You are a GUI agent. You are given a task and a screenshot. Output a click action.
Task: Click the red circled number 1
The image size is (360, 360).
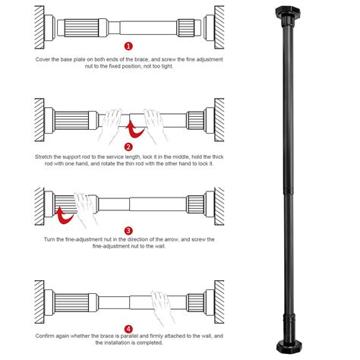pos(128,46)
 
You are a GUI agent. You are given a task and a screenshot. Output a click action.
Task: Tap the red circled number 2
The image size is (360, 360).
pos(128,147)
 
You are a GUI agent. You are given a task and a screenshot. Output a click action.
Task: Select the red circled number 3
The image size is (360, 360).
pos(128,231)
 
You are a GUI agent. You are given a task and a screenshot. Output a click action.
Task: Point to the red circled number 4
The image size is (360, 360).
pos(128,330)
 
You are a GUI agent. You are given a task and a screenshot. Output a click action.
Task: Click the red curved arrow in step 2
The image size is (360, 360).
pos(134,131)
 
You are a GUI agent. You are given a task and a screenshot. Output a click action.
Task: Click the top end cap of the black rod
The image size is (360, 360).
pos(287,12)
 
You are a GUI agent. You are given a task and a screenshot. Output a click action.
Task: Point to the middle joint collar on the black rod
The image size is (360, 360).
pos(289,191)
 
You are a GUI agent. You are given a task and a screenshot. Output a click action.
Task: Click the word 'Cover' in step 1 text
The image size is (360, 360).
pos(43,59)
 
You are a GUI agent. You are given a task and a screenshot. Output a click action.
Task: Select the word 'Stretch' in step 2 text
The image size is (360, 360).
pos(44,156)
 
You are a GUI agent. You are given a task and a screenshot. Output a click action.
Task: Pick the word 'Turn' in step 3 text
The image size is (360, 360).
pos(49,239)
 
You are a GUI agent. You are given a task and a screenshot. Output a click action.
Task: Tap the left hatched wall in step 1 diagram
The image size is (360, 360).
pos(39,27)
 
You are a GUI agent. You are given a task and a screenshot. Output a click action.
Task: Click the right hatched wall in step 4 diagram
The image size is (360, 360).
pos(219,302)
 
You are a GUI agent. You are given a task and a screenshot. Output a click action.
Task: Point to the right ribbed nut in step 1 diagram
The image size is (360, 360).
pos(186,27)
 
